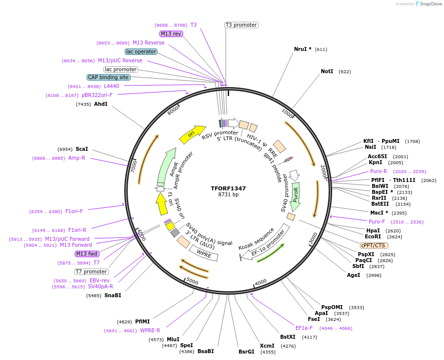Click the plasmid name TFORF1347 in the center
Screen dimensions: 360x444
(228, 188)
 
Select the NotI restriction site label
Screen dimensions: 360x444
(327, 72)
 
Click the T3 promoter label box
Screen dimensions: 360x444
(241, 25)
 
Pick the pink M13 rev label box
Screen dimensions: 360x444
(171, 34)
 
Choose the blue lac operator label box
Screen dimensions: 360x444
(141, 51)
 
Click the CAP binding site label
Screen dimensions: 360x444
(108, 77)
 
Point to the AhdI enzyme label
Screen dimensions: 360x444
(100, 104)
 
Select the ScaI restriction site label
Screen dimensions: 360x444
(82, 148)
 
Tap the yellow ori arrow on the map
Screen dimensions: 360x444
(192, 134)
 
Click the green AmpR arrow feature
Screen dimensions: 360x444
(167, 166)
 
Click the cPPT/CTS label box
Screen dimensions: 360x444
(374, 245)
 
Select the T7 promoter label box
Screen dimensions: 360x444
(91, 271)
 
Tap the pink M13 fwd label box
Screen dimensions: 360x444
(87, 254)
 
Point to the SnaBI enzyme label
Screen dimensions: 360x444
(112, 295)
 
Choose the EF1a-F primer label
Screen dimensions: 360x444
(304, 328)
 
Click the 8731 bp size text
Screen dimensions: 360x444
(228, 195)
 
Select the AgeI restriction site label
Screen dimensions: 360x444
(353, 275)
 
